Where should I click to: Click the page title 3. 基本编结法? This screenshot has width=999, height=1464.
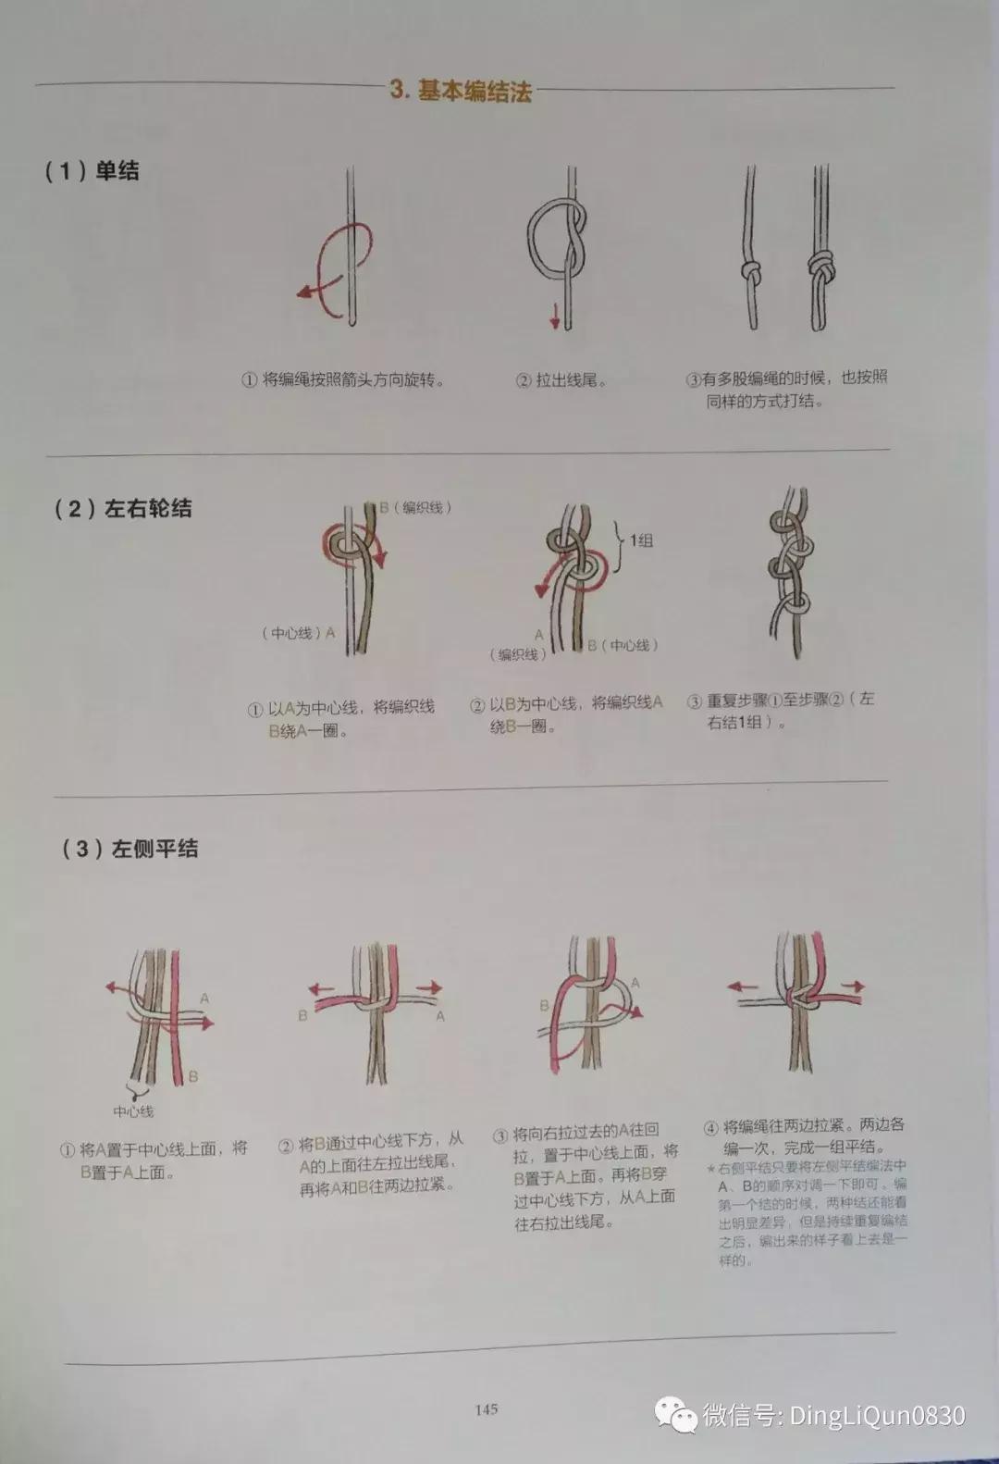click(461, 90)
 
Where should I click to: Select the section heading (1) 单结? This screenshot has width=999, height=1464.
click(92, 171)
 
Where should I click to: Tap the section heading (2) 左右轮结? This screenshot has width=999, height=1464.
click(122, 508)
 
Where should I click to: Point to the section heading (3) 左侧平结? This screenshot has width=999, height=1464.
click(129, 849)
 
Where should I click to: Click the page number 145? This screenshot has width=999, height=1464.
click(487, 1409)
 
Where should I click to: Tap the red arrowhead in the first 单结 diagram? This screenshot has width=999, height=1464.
click(302, 293)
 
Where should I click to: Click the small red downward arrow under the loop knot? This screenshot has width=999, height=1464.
click(555, 321)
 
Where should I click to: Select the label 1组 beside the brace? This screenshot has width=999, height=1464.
click(641, 540)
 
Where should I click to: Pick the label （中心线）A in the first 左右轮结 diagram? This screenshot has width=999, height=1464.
click(298, 633)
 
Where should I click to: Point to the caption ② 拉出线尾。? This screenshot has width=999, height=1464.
click(561, 380)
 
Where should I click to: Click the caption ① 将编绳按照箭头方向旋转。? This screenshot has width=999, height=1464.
click(343, 380)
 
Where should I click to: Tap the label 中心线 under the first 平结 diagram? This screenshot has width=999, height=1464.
click(133, 1111)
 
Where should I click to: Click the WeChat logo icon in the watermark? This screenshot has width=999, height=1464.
click(676, 1414)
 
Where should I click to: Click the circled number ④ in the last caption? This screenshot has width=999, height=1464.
click(710, 1128)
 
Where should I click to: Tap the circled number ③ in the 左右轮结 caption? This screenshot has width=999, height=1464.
click(694, 701)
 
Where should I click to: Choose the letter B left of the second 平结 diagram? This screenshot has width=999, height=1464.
click(302, 1015)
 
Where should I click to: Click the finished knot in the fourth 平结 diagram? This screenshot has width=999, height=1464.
click(797, 999)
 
